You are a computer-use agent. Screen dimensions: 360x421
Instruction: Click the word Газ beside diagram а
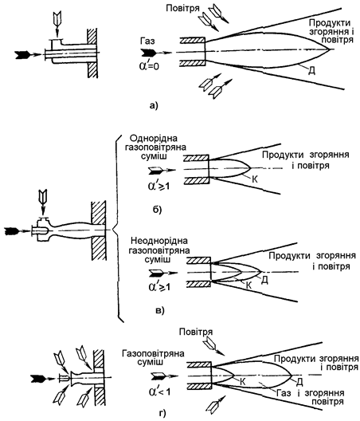pyautogui.click(x=147, y=41)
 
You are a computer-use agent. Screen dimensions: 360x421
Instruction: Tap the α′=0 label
pyautogui.click(x=149, y=65)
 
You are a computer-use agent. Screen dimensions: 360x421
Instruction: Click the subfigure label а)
pyautogui.click(x=154, y=105)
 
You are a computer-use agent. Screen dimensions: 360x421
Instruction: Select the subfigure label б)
pyautogui.click(x=157, y=210)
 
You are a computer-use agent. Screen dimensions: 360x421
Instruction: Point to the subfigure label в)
pyautogui.click(x=159, y=311)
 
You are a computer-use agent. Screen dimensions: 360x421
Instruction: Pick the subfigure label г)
pyautogui.click(x=162, y=413)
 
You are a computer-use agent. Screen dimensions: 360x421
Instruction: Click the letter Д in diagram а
pyautogui.click(x=311, y=71)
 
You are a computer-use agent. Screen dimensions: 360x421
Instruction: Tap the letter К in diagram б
pyautogui.click(x=255, y=179)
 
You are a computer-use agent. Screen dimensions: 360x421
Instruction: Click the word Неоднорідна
pyautogui.click(x=158, y=241)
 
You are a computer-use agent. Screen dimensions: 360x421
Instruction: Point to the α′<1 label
pyautogui.click(x=159, y=391)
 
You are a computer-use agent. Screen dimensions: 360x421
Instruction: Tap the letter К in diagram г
pyautogui.click(x=242, y=382)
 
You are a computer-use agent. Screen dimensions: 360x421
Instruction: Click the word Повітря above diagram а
pyautogui.click(x=182, y=8)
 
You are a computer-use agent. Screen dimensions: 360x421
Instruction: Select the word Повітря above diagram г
pyautogui.click(x=196, y=332)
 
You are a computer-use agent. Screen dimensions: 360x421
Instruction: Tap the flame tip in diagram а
pyautogui.click(x=330, y=49)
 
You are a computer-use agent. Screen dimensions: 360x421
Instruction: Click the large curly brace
pyautogui.click(x=117, y=230)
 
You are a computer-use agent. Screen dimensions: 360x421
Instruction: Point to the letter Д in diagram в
pyautogui.click(x=264, y=280)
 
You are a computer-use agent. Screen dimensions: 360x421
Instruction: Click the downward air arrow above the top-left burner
pyautogui.click(x=57, y=25)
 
